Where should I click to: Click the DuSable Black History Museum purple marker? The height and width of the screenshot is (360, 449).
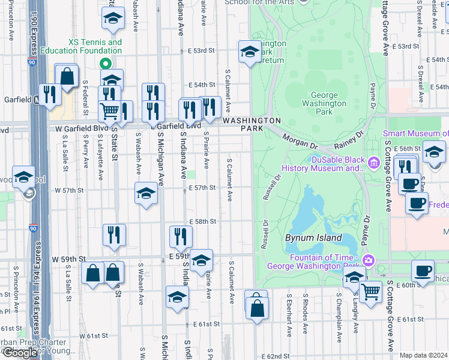point(373,162)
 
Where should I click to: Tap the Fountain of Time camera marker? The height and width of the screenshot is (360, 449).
point(368,260)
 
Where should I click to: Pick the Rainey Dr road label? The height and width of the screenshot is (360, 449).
point(351,139)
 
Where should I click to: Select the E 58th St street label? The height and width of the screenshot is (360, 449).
point(202,221)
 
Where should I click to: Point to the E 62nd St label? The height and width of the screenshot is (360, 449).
point(276,356)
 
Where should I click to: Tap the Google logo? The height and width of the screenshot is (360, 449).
point(20,353)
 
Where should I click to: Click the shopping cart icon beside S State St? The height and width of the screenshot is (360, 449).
point(110,110)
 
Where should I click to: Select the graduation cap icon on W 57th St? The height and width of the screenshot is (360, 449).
point(145,193)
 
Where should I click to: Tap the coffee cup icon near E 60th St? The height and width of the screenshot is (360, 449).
point(423,271)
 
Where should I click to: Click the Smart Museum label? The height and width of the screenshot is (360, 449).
point(416,134)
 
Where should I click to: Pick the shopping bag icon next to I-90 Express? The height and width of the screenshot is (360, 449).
point(67,76)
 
